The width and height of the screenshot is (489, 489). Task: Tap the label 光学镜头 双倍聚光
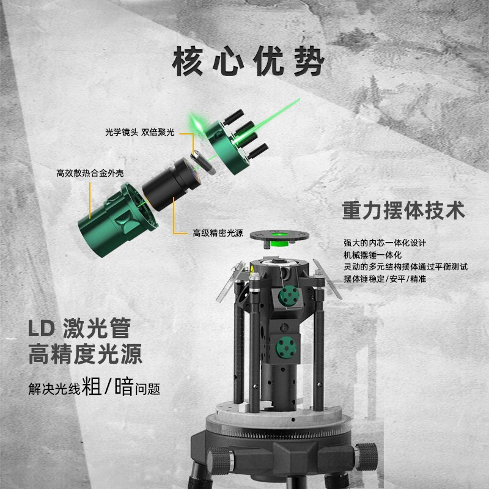pos(139,132)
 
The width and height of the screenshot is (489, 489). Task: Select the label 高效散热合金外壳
pos(90,174)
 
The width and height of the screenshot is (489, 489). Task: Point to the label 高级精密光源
pos(218,233)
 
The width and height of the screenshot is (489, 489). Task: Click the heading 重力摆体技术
pos(403,211)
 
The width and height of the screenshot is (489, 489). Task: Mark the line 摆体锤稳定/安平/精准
pos(384,279)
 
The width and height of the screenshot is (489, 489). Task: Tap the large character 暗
pos(123,386)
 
